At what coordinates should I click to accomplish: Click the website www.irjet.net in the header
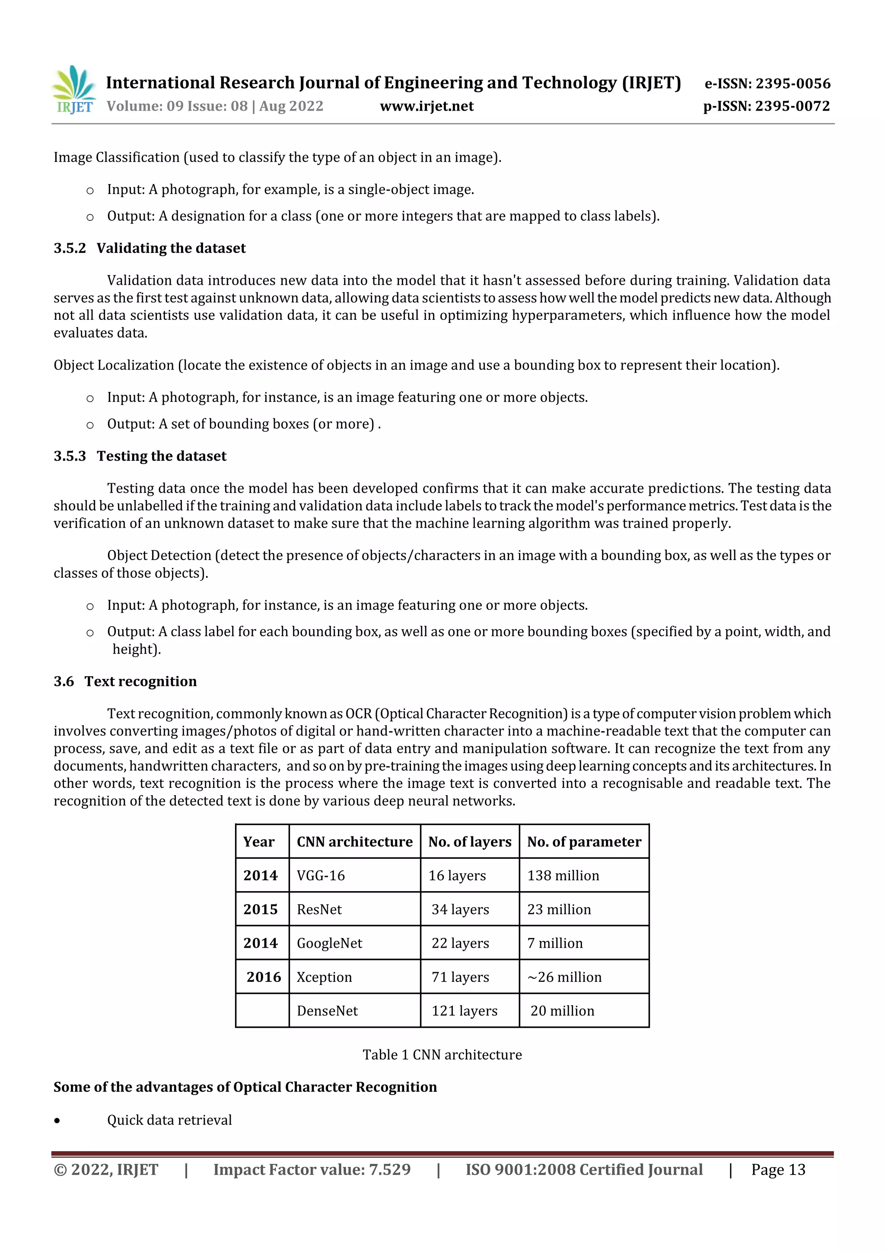coord(427,106)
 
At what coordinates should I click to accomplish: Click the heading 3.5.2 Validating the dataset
coord(150,248)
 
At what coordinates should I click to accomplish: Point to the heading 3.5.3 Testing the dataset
coord(140,456)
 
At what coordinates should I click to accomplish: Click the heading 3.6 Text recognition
coord(125,681)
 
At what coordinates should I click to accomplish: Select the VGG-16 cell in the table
coord(321,875)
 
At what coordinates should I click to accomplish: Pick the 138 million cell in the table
coord(563,875)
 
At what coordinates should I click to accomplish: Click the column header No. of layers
coord(469,841)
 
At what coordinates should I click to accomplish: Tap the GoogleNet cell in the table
coord(329,943)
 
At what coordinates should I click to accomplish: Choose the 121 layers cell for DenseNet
coord(465,1010)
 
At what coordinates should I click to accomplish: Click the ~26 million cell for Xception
coord(564,977)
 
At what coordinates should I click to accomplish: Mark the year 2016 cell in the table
coord(263,977)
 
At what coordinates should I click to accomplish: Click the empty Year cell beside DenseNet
coord(262,1010)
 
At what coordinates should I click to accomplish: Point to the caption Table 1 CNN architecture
coord(442,1054)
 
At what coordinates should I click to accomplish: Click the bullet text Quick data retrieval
coord(169,1119)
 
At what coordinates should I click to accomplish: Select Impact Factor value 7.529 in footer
coord(312,1169)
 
